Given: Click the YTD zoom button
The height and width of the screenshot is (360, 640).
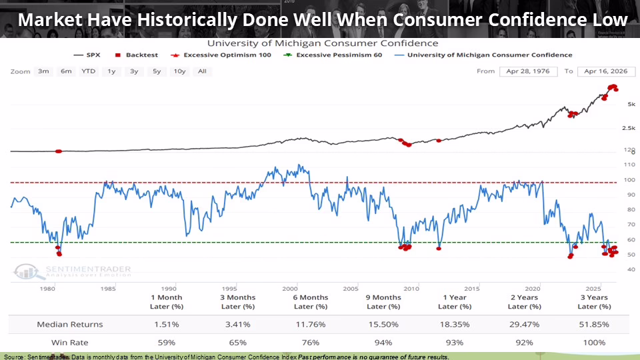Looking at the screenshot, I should [x=87, y=71].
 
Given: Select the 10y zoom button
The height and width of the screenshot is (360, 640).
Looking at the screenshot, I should [x=179, y=71].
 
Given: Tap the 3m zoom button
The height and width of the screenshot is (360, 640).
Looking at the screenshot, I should [x=43, y=71].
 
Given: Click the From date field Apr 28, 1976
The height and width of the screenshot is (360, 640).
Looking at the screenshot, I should [x=528, y=71].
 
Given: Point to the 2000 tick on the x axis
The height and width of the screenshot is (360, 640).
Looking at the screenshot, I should [x=289, y=288].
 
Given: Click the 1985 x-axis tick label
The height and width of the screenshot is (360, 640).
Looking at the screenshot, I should [x=107, y=288].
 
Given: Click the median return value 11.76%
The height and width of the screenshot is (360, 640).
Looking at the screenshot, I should [x=311, y=324].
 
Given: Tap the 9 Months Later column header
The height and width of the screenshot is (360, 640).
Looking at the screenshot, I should [x=383, y=301].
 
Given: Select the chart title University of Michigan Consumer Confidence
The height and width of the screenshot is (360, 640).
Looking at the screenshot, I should [x=320, y=43].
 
